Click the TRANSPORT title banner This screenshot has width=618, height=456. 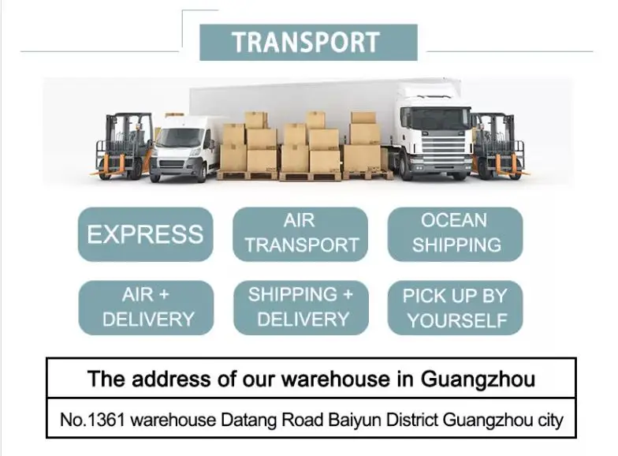307,43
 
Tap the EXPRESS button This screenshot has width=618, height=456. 145,234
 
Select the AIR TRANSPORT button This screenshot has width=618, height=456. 301,234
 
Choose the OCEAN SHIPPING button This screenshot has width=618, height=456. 455,234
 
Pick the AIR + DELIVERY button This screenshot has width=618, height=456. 147,307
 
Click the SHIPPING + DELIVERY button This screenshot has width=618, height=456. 301,307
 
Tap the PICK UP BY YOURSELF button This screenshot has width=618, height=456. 455,307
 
